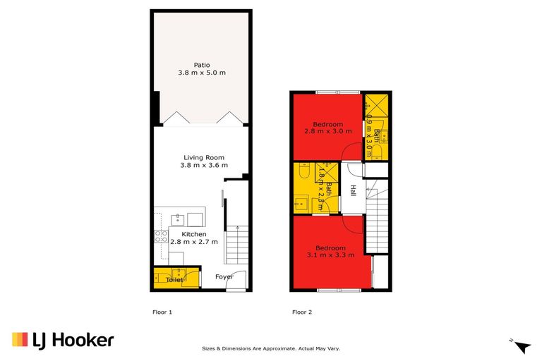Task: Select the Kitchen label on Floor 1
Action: coord(194,233)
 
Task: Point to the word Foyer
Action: coord(224,277)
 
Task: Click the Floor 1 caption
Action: coord(162,312)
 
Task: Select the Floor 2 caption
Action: coord(302,312)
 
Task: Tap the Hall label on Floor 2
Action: coord(352,191)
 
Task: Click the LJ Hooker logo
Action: coord(63,341)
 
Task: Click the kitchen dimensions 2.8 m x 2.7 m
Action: coord(194,242)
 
